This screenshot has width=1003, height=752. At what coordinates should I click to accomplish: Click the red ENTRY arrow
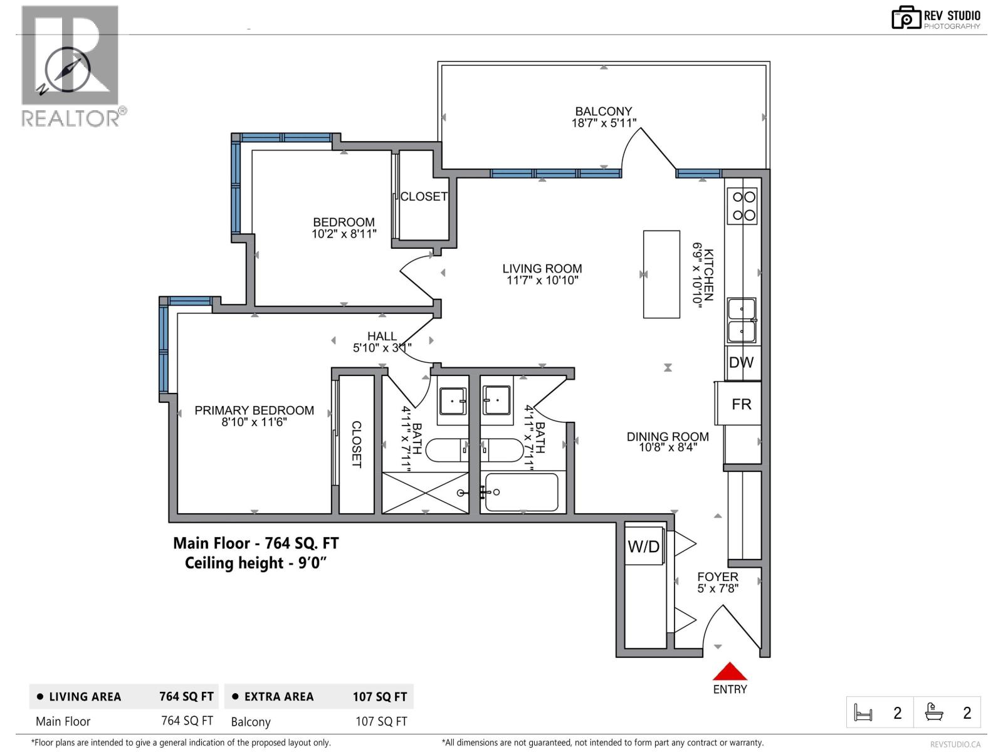730,672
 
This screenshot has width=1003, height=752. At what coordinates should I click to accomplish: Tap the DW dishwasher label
741,362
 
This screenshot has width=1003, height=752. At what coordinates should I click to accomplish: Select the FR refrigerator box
741,404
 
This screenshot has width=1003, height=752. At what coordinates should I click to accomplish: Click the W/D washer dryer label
644,546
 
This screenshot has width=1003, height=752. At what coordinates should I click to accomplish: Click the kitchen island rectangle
661,274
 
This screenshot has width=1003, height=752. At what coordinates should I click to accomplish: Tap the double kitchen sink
742,320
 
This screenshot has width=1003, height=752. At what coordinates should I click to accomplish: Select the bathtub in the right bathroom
522,492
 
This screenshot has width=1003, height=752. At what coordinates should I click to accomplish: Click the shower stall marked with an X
425,493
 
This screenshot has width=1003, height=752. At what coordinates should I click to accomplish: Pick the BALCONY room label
604,111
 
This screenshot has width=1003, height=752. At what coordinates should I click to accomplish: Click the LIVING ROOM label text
542,268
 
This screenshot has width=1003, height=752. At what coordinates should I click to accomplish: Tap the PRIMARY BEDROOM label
254,410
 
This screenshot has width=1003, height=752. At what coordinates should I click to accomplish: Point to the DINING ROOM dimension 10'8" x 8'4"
668,447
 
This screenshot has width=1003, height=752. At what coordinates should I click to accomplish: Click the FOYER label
718,577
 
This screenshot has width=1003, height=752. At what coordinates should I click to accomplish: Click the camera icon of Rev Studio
905,18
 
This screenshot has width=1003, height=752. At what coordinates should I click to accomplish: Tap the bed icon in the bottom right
863,713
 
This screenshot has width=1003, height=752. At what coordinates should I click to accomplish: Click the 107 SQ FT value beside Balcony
381,721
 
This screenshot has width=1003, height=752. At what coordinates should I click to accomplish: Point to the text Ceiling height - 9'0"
256,563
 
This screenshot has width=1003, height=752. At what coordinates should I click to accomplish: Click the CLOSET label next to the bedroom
424,196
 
